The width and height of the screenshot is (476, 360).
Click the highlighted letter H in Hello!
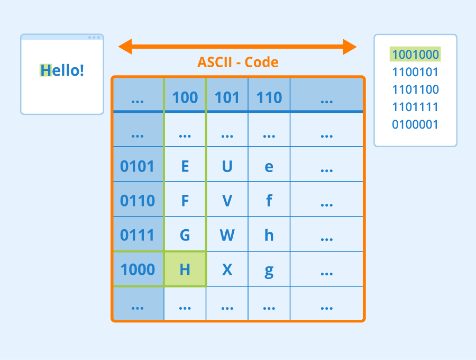(x=46, y=70)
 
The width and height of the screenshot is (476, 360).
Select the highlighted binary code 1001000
(x=415, y=55)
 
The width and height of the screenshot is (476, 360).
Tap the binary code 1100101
(x=415, y=72)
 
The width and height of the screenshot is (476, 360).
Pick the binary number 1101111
(x=415, y=107)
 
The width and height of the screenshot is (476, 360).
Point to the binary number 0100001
(x=415, y=125)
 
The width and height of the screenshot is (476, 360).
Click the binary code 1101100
(x=415, y=89)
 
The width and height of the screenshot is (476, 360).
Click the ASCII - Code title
(x=238, y=62)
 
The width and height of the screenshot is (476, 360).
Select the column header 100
(x=185, y=97)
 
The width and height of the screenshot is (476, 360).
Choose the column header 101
(x=227, y=97)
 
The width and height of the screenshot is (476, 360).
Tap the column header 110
(x=269, y=97)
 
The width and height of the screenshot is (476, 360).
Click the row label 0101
(x=138, y=166)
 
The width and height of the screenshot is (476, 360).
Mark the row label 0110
(x=138, y=201)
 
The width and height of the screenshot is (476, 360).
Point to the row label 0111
(x=138, y=235)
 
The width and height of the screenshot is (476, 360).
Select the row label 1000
(x=138, y=269)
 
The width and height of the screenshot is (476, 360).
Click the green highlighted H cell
(x=185, y=269)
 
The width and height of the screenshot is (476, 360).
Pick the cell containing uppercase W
(x=227, y=235)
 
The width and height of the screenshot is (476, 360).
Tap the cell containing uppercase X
(x=227, y=269)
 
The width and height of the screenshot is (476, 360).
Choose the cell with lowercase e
(x=269, y=166)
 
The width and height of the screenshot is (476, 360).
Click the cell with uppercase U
(x=227, y=166)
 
